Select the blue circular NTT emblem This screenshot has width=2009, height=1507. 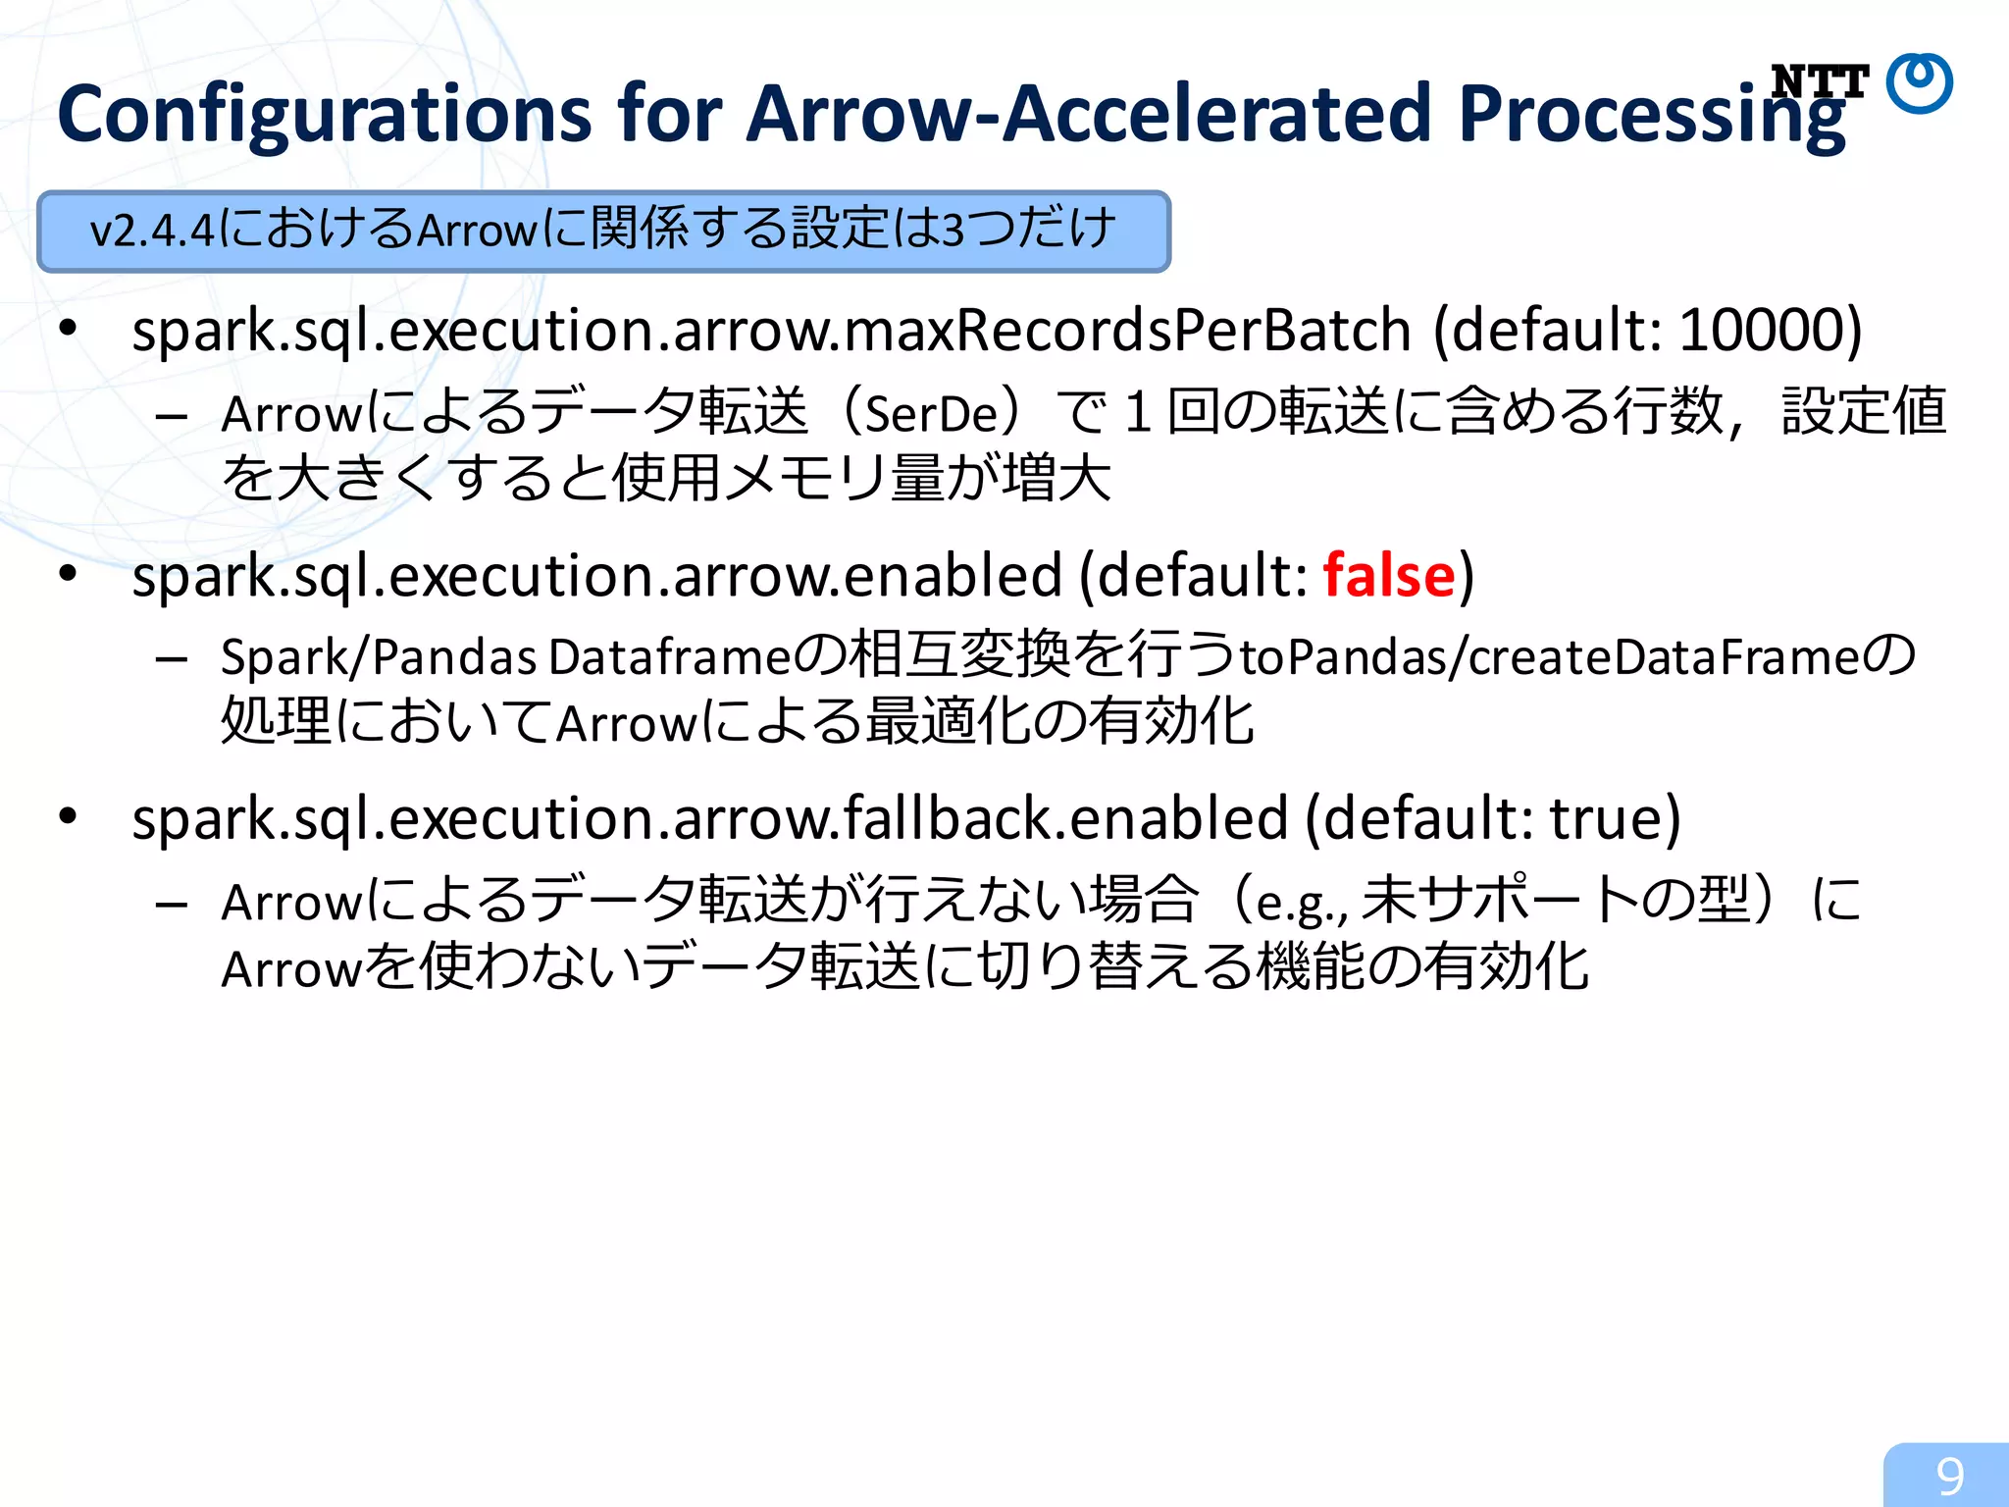point(1920,83)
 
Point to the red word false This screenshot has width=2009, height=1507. point(1388,575)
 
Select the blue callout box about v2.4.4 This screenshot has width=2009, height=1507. point(603,232)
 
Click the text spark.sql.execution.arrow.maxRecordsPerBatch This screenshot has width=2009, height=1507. point(771,331)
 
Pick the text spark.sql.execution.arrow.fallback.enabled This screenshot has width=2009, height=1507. point(709,818)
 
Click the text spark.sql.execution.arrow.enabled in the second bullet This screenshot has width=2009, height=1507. point(596,575)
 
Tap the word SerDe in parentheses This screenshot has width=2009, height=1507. point(931,412)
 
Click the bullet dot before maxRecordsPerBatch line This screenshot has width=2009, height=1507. point(67,328)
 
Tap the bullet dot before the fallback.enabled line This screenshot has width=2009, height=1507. point(67,815)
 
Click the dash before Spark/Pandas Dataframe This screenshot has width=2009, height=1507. point(172,659)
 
